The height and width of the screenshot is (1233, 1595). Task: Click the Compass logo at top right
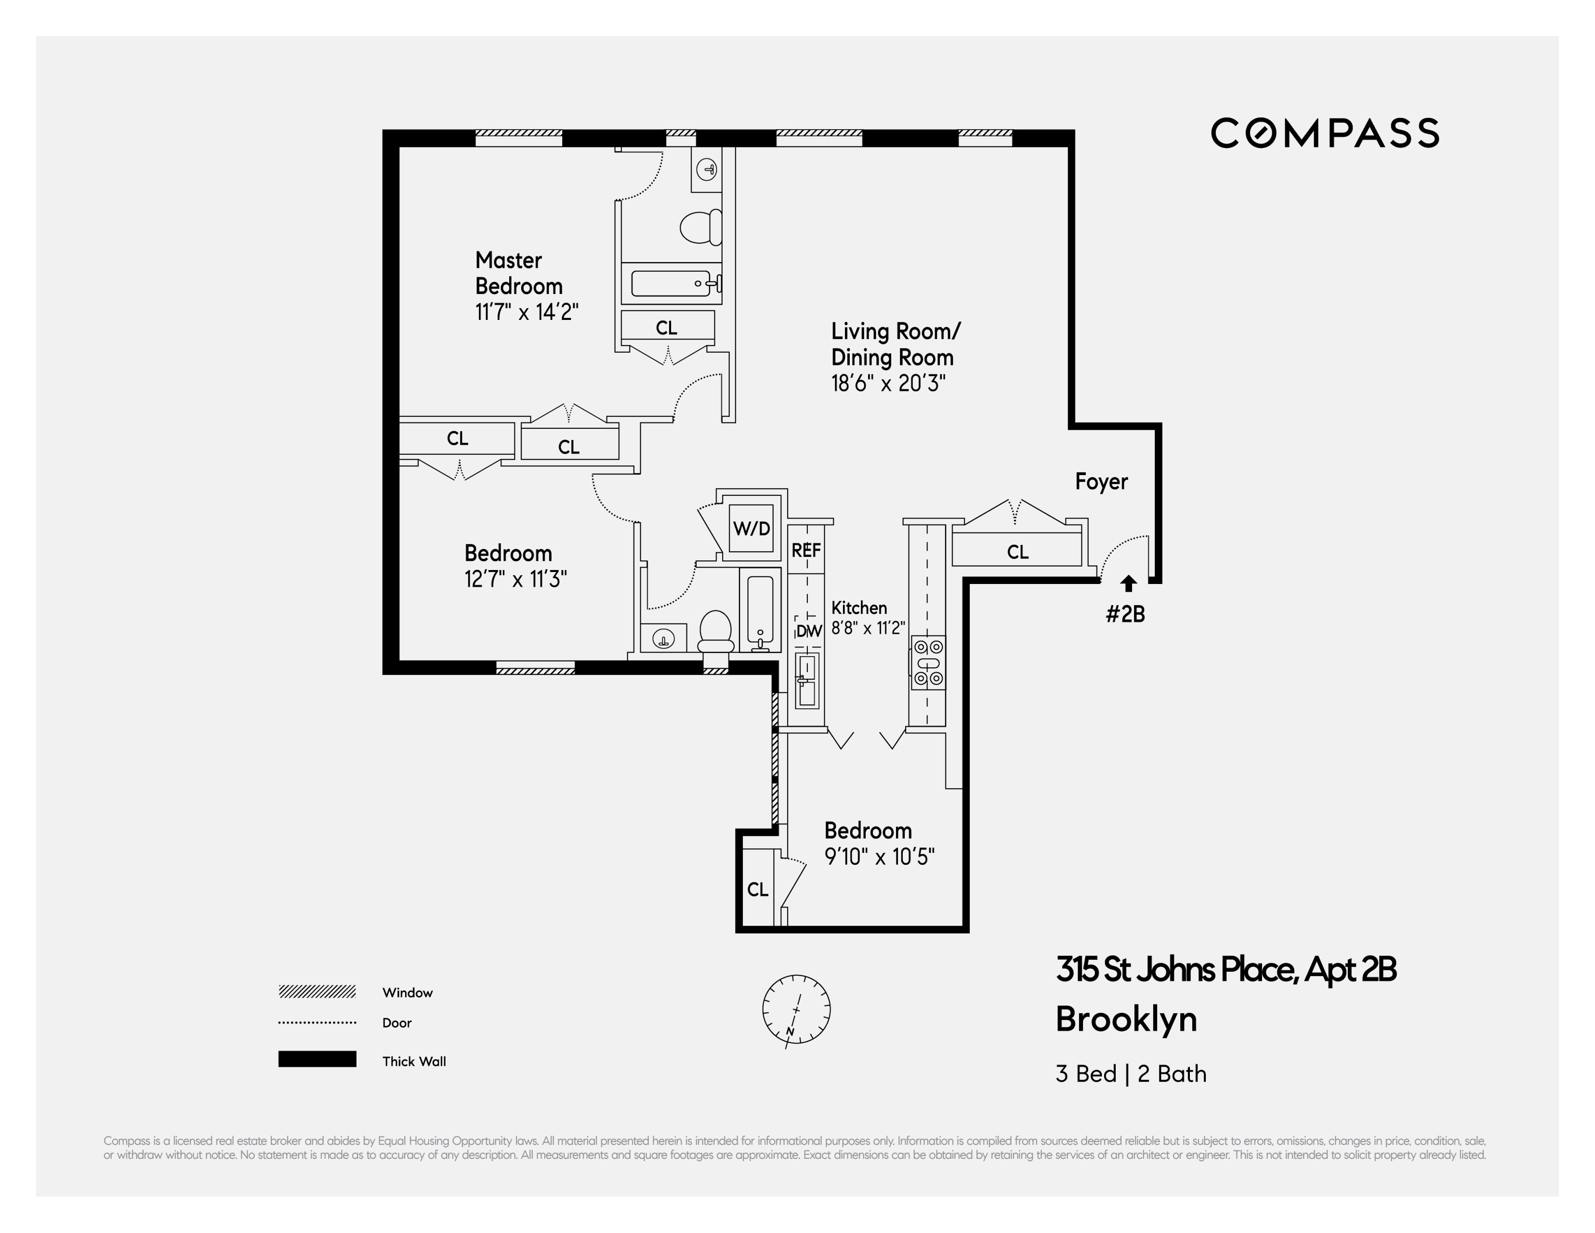(1325, 133)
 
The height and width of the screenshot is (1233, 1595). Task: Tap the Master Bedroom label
(518, 273)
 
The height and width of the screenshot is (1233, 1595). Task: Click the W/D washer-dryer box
(751, 528)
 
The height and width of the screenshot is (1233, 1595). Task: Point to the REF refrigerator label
(806, 550)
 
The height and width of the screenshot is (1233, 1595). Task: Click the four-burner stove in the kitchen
(927, 663)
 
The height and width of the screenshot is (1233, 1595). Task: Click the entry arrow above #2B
(1129, 583)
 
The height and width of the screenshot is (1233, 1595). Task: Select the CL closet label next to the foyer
(1017, 552)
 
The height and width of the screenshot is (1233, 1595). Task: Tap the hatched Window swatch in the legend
(317, 991)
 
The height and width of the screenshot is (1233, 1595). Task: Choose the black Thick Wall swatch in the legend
(317, 1059)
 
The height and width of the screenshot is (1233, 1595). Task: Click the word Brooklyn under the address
(1126, 1020)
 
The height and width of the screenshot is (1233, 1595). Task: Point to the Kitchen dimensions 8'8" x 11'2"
(869, 628)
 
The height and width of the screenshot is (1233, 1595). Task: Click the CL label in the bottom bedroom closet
(757, 889)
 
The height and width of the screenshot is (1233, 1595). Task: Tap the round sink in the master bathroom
(706, 170)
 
